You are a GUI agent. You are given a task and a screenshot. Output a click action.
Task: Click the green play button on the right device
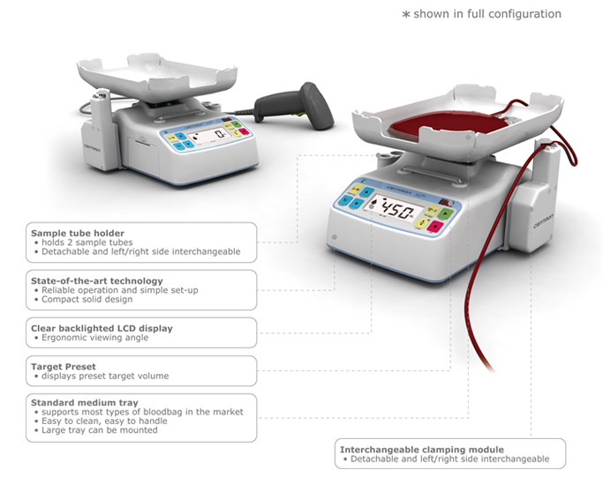point(447,213)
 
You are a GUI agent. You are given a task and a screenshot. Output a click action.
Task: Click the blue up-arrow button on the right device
point(366,191)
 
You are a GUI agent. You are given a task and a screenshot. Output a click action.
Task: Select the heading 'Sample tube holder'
point(78,233)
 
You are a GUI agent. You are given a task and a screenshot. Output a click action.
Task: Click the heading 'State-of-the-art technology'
point(97,280)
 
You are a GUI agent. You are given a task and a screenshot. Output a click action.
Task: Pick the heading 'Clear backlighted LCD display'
point(102,328)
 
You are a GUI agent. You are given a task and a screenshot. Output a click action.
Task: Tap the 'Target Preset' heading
point(64,367)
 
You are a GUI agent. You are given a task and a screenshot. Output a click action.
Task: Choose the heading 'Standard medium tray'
point(85,402)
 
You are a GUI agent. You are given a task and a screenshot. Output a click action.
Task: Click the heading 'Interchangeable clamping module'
point(422,450)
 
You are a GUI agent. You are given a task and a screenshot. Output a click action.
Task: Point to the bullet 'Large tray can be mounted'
point(100,430)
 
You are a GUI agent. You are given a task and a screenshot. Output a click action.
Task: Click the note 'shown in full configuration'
point(487,14)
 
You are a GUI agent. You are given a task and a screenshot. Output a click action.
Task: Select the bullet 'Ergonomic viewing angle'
point(95,338)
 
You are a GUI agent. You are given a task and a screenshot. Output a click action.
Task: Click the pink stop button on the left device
point(244,132)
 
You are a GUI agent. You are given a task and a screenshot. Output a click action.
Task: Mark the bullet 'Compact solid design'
point(87,299)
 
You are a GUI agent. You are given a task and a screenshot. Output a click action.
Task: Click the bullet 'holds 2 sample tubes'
point(87,242)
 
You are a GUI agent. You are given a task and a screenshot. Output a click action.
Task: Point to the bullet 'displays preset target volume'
point(105,376)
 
